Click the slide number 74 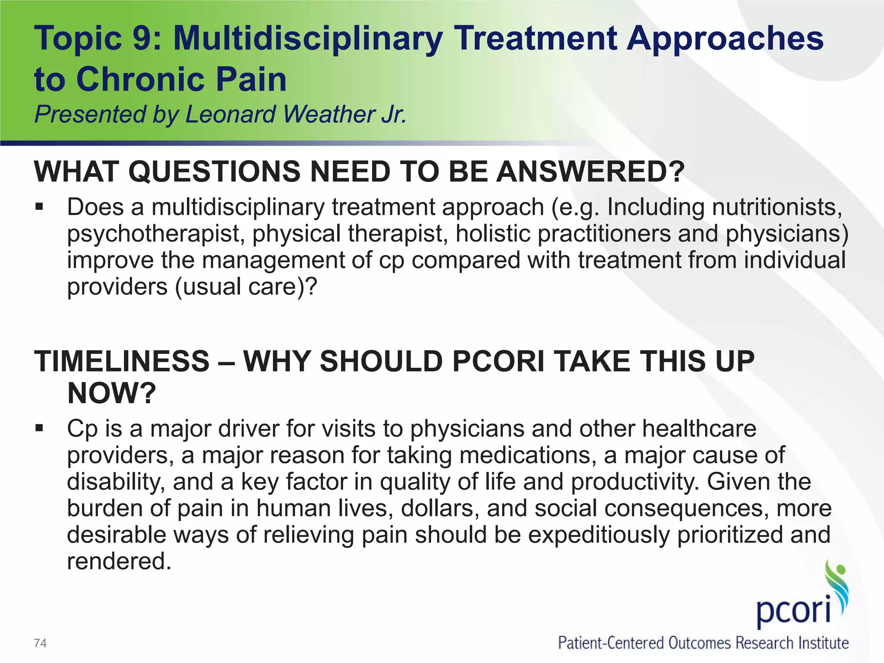[40, 644]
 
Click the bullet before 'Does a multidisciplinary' [40, 208]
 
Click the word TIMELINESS [122, 361]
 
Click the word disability [116, 482]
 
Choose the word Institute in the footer [824, 643]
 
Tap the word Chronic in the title [136, 80]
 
